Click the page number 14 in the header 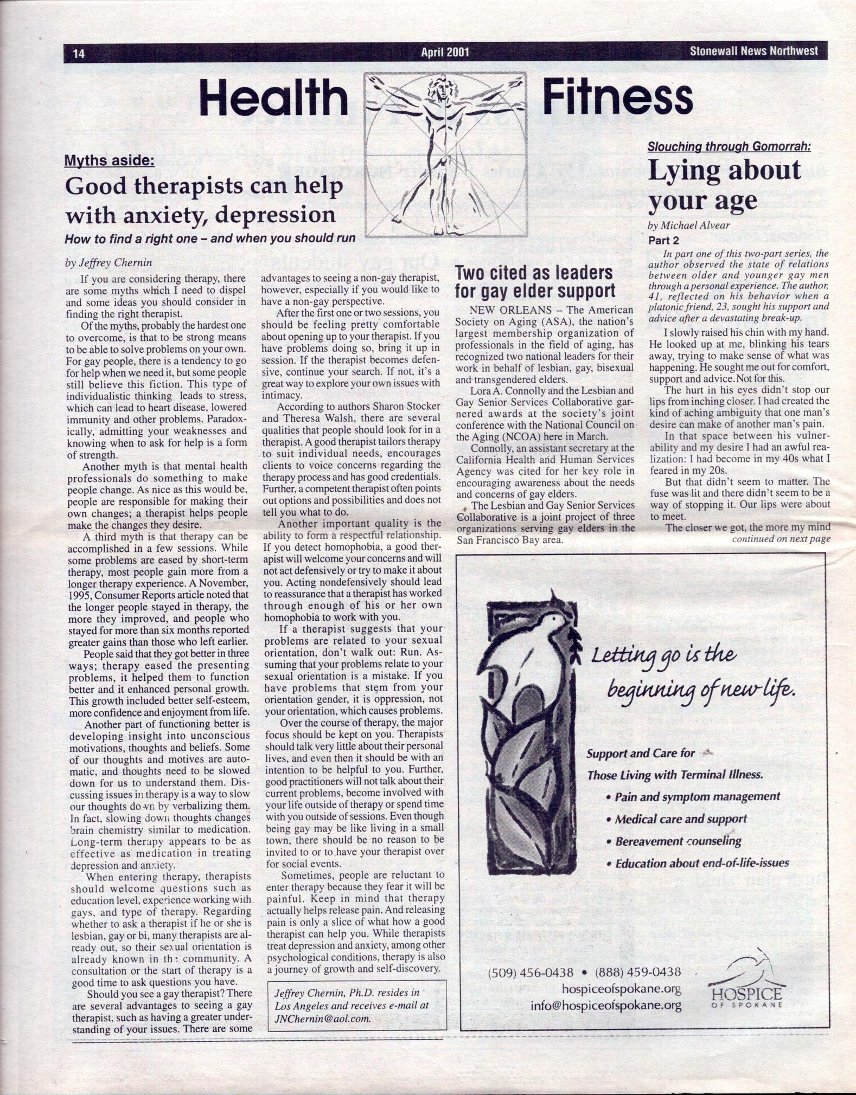click(x=79, y=53)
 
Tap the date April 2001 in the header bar click(x=445, y=53)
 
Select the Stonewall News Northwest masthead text click(x=753, y=51)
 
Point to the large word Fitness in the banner click(x=617, y=98)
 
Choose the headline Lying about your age click(x=724, y=185)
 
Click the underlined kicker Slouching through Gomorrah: click(x=729, y=147)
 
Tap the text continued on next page click(x=781, y=539)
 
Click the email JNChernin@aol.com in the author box click(x=322, y=1019)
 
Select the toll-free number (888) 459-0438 click(x=637, y=972)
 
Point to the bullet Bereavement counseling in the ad click(x=678, y=841)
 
